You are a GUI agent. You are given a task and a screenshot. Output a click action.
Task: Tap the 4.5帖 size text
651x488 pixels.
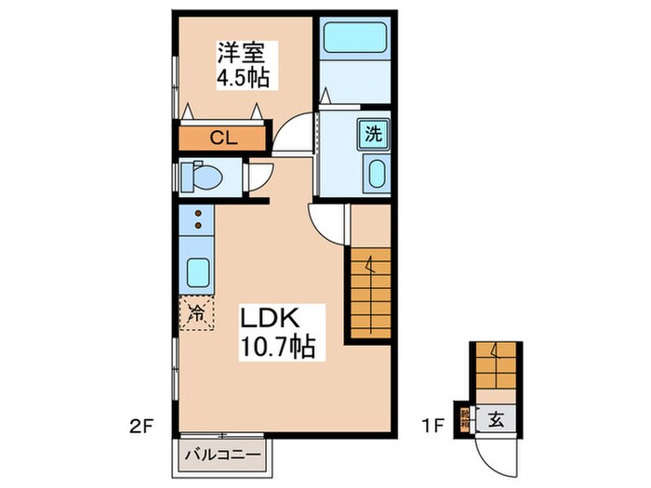[244, 78]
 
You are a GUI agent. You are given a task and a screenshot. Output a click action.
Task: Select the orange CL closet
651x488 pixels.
[222, 138]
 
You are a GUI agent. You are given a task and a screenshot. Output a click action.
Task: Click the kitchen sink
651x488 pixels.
[197, 271]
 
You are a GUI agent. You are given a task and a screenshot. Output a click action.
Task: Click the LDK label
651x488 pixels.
[270, 319]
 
